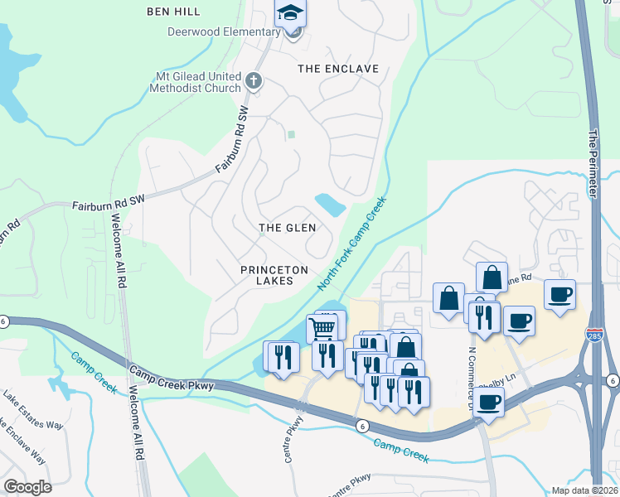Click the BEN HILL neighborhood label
[x=173, y=12]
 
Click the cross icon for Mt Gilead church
[x=254, y=81]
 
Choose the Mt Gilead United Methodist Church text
[x=193, y=82]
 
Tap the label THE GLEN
[x=288, y=228]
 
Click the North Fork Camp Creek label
[x=352, y=243]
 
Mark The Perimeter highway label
[x=593, y=162]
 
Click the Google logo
[x=27, y=487]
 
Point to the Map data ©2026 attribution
[x=584, y=490]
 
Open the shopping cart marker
[x=322, y=328]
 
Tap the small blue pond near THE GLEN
[x=330, y=204]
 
